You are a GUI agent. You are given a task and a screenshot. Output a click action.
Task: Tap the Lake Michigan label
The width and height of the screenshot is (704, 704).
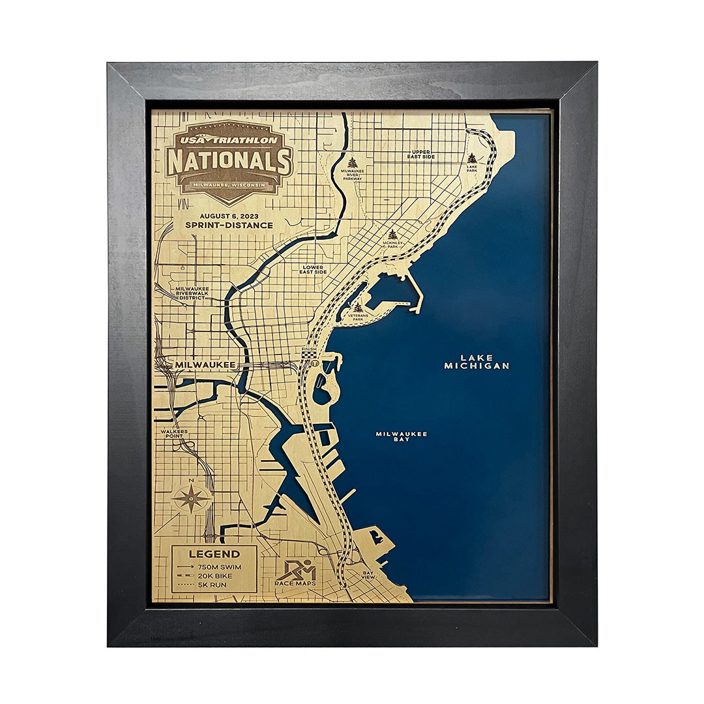point(477,362)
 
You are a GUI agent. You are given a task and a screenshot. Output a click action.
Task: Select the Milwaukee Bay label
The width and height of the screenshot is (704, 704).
point(402,436)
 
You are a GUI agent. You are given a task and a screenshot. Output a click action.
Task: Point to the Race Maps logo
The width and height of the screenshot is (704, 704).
point(295,572)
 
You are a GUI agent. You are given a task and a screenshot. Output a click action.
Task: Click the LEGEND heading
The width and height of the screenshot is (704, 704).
point(205,554)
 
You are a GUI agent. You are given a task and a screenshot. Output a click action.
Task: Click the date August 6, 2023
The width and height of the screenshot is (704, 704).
point(228,214)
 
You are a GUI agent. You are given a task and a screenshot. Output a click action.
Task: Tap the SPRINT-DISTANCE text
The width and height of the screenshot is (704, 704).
point(228,225)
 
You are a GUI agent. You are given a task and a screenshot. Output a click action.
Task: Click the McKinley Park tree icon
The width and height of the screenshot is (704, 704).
point(392,234)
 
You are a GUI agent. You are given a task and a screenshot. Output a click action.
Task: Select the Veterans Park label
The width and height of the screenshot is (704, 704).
point(358,316)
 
